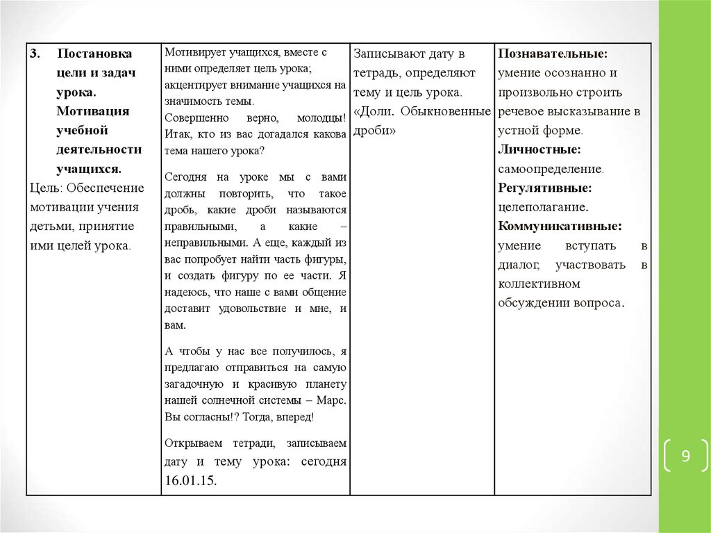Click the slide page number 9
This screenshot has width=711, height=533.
[x=685, y=457]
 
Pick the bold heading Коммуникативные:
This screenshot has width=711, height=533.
[x=560, y=226]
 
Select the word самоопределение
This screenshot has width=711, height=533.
[x=550, y=169]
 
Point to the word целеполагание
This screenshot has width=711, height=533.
[x=543, y=207]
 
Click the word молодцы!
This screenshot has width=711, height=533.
[x=323, y=117]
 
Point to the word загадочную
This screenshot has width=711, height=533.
[x=194, y=384]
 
